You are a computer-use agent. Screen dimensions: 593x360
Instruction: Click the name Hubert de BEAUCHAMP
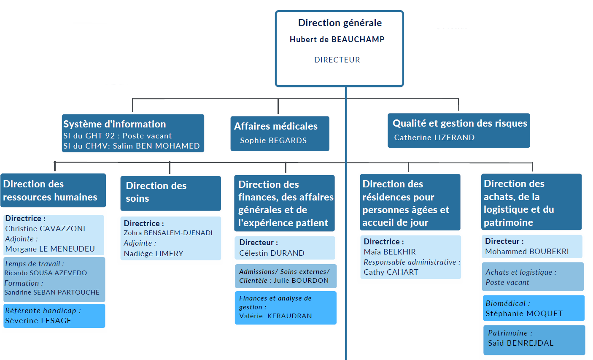pyautogui.click(x=337, y=40)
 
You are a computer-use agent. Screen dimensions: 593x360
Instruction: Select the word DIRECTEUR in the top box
pyautogui.click(x=337, y=60)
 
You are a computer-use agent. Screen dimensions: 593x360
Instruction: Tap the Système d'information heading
pyautogui.click(x=115, y=124)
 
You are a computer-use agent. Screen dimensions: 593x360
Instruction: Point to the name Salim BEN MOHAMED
pyautogui.click(x=156, y=146)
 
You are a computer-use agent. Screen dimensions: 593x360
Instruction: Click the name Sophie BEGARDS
pyautogui.click(x=273, y=141)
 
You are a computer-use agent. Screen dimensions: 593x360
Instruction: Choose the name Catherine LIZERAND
pyautogui.click(x=434, y=138)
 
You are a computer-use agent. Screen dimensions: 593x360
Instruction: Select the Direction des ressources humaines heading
pyautogui.click(x=50, y=190)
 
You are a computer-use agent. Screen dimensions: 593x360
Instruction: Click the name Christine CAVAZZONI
pyautogui.click(x=45, y=229)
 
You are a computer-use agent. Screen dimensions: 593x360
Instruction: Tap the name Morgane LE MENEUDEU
pyautogui.click(x=50, y=249)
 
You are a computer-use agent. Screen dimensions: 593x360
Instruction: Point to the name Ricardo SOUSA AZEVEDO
pyautogui.click(x=46, y=273)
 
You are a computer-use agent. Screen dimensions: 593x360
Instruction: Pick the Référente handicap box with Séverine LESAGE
pyautogui.click(x=54, y=316)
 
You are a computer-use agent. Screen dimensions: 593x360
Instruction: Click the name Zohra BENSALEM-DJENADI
pyautogui.click(x=168, y=233)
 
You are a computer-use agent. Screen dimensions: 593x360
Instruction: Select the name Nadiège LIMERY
pyautogui.click(x=154, y=254)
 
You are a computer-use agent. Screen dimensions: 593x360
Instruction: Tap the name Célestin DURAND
pyautogui.click(x=272, y=253)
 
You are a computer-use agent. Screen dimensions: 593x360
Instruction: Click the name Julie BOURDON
pyautogui.click(x=301, y=281)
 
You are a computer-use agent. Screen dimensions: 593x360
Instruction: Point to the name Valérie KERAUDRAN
pyautogui.click(x=275, y=316)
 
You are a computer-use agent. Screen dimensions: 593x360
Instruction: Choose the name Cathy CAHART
pyautogui.click(x=391, y=272)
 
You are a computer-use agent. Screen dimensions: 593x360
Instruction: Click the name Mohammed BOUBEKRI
pyautogui.click(x=527, y=252)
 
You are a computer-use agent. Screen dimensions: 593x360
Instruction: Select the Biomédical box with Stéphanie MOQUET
pyautogui.click(x=534, y=308)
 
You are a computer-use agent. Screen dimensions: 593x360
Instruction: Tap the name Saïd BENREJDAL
pyautogui.click(x=521, y=343)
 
